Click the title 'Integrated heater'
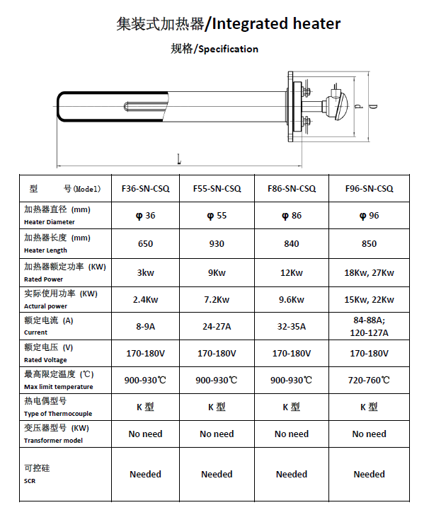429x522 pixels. tap(276, 24)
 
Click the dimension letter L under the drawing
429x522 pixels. tap(179, 160)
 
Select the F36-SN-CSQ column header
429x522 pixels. tap(146, 189)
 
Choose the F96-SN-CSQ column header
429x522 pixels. tap(369, 189)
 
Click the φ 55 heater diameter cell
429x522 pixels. tap(217, 216)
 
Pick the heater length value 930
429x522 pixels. tap(217, 244)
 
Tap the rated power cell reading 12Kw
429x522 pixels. tap(291, 272)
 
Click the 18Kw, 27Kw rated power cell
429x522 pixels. tap(369, 272)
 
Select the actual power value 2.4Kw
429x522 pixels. tap(146, 299)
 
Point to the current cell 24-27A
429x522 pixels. tap(217, 326)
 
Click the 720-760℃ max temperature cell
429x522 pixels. tap(369, 380)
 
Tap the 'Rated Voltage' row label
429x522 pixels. tap(46, 360)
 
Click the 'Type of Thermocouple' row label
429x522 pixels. tap(58, 414)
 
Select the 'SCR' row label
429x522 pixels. tap(30, 481)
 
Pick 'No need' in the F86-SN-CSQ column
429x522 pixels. tap(291, 434)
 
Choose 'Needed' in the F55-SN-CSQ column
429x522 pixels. tap(217, 474)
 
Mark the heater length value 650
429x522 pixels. tap(146, 244)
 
